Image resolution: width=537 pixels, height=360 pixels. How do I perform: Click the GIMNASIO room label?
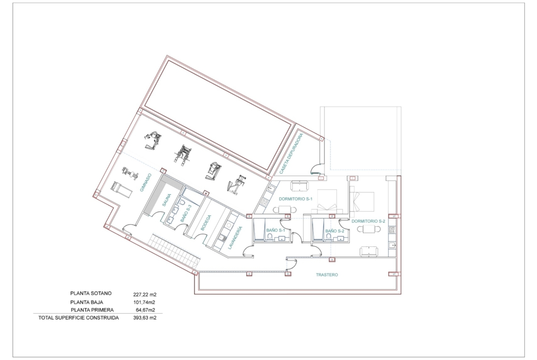[x=145, y=183]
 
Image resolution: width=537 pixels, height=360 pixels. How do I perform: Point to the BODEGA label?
[x=206, y=222]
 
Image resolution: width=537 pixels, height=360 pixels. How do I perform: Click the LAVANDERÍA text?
[x=235, y=238]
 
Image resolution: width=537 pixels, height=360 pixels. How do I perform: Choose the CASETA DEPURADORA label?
[x=291, y=154]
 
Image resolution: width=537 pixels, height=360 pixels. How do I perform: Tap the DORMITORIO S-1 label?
[x=296, y=199]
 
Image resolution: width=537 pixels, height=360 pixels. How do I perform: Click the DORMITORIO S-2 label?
[x=369, y=221]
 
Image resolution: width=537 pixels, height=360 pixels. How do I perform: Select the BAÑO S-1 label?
[x=276, y=231]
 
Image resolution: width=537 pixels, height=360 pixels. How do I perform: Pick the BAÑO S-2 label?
[x=335, y=231]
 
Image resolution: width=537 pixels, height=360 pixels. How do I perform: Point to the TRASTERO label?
[x=327, y=274]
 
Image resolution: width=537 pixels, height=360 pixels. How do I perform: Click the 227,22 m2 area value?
[x=145, y=294]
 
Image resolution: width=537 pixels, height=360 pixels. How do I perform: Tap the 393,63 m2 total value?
[x=145, y=317]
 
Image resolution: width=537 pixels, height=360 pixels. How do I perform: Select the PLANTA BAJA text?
[x=87, y=302]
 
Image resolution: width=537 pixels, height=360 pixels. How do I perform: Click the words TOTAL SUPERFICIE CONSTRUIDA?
[x=78, y=317]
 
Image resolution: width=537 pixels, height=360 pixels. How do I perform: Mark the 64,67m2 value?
[x=145, y=310]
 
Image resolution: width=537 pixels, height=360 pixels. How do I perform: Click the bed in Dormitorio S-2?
[x=362, y=202]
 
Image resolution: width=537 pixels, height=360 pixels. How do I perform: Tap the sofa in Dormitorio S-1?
[x=300, y=186]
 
